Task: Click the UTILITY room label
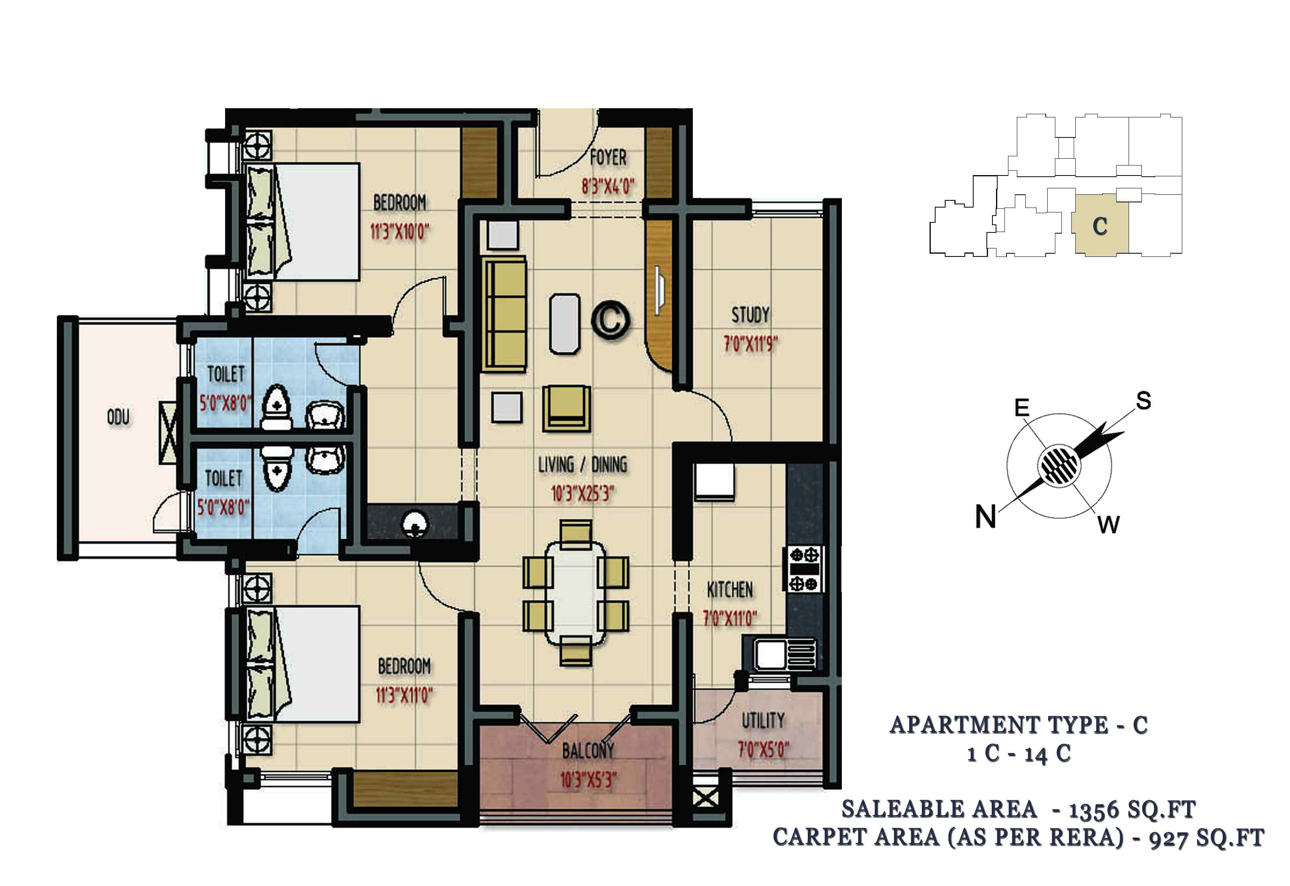click(763, 721)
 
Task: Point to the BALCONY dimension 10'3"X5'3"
click(588, 780)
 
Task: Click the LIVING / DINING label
click(582, 464)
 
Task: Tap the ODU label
click(118, 417)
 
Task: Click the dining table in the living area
click(576, 593)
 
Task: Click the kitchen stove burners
click(804, 569)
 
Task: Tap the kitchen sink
click(784, 654)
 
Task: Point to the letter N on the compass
click(985, 517)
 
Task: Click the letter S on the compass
click(1143, 400)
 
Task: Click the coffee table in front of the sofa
click(565, 324)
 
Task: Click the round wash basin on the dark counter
click(414, 523)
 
